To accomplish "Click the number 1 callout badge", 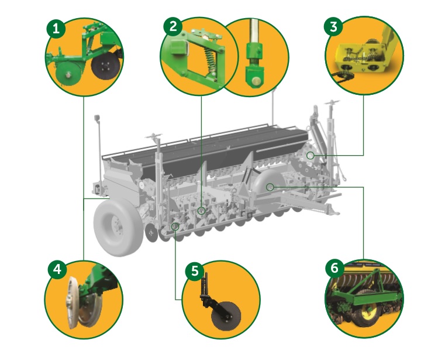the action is pos(56,29).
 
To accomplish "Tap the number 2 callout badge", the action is pos(173,27).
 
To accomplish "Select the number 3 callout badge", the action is pos(334,27).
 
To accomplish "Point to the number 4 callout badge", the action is pos(57,269).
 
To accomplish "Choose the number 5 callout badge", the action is pos(195,270).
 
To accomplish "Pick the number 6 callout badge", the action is pos(335,268).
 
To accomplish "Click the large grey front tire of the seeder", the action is pos(118,227).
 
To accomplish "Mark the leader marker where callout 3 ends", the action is pos(311,156).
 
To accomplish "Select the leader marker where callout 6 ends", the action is pos(270,187).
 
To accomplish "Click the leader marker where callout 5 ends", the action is pos(175,227).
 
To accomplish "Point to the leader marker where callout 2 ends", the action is pos(201,211).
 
